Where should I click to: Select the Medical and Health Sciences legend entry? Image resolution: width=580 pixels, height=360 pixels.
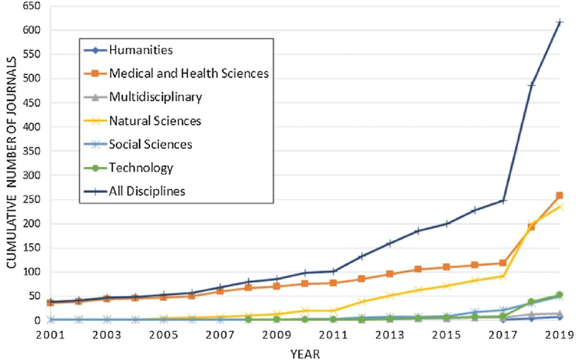point(187,73)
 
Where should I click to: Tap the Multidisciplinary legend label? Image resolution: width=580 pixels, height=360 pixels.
point(156,97)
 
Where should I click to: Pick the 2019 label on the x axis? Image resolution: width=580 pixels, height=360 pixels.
point(559,336)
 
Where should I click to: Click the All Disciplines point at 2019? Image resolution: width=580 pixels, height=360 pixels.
point(560,22)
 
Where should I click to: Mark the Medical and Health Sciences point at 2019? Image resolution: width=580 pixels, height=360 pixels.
point(560,196)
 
